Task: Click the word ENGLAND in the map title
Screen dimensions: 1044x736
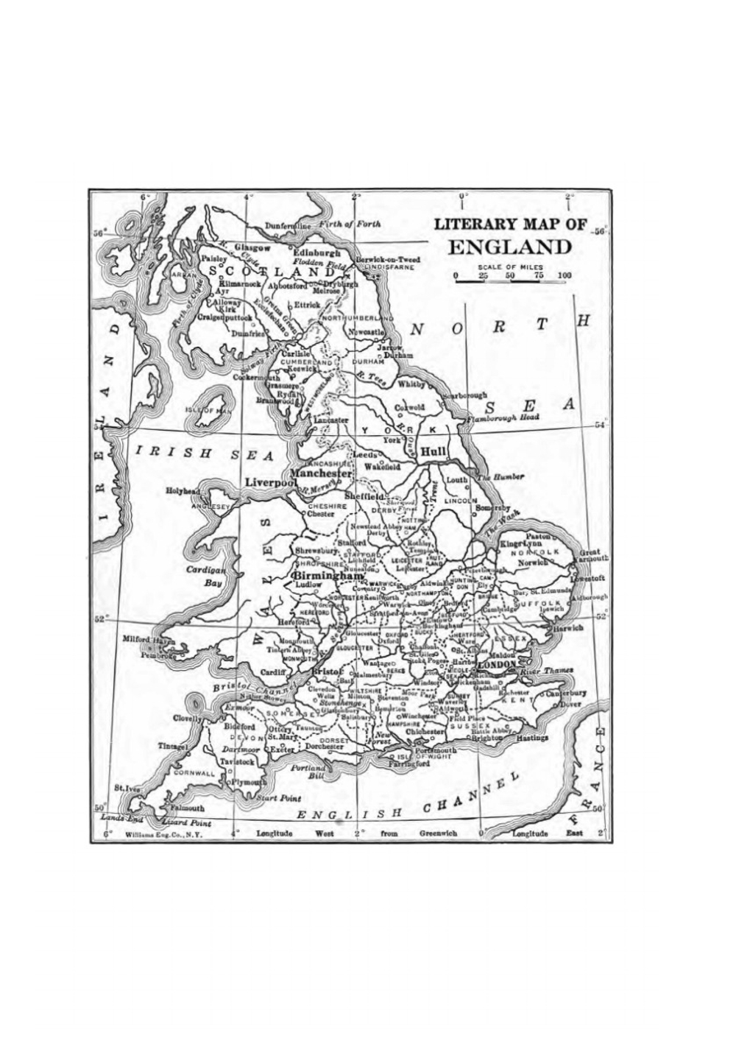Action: (509, 247)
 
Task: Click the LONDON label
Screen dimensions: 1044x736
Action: (499, 665)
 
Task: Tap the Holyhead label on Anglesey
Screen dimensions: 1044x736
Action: (183, 491)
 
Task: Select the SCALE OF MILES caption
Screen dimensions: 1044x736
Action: (510, 267)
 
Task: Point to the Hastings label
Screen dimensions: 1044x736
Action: (532, 737)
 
